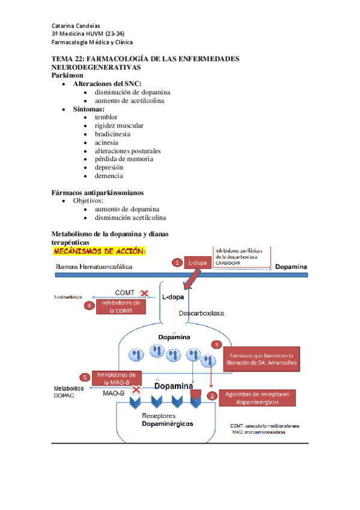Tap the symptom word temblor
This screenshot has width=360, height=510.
click(x=106, y=117)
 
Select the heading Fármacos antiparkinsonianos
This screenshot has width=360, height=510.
click(x=97, y=192)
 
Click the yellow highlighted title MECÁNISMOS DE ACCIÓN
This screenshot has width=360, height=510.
click(x=100, y=250)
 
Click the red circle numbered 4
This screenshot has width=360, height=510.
click(x=89, y=306)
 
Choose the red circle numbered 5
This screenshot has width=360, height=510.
click(x=85, y=378)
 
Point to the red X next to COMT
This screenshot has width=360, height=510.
click(x=144, y=293)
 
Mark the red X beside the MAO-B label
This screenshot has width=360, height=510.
click(x=136, y=390)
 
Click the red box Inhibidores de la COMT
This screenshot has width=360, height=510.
click(x=121, y=307)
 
